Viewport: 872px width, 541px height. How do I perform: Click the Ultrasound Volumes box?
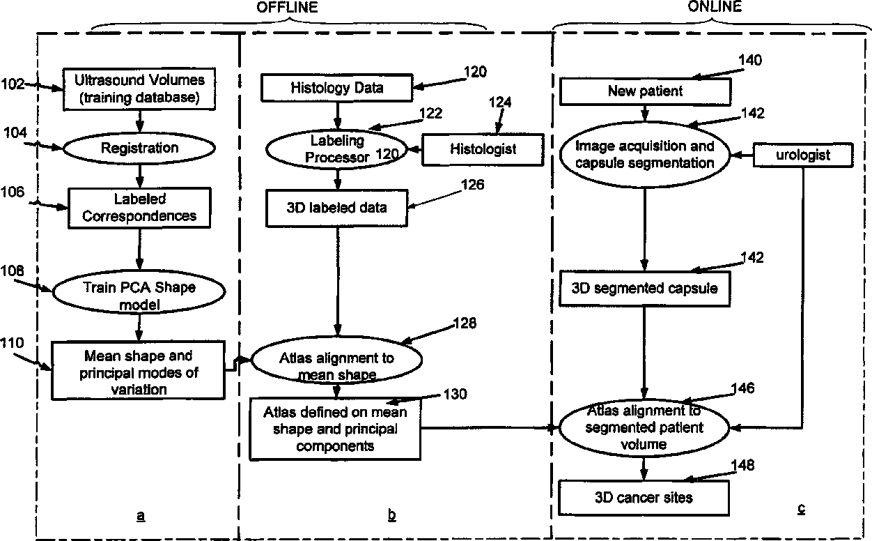[x=140, y=89]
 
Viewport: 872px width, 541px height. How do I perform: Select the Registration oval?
[x=139, y=148]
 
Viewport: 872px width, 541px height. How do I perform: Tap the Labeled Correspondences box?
[x=140, y=207]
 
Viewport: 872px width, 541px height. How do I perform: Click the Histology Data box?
[x=337, y=88]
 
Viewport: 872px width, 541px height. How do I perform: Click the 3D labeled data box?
[x=338, y=208]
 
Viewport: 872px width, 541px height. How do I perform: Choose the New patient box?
[x=646, y=91]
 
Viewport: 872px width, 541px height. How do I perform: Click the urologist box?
[x=803, y=155]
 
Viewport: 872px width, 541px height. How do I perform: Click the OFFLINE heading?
[x=288, y=8]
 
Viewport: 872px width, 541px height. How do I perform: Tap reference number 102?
[x=13, y=84]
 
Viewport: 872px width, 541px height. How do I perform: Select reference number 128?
[x=465, y=323]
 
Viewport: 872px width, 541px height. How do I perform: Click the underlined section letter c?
[x=801, y=508]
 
